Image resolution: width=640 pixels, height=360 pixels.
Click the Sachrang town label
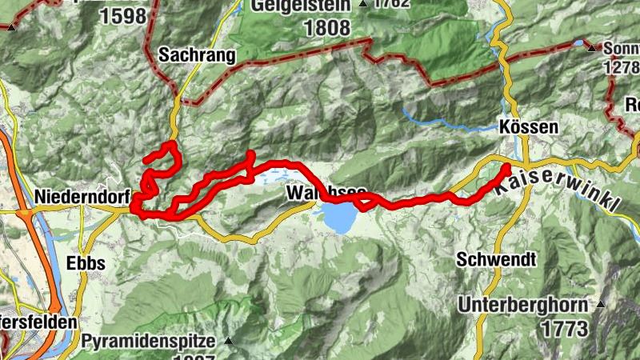[197, 55]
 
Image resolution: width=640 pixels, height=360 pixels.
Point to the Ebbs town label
[86, 263]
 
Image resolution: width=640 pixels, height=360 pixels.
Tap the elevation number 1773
[563, 328]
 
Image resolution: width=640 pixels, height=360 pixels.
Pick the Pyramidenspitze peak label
[148, 342]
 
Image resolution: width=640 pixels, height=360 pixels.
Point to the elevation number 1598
[125, 15]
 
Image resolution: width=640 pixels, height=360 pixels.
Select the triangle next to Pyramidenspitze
[227, 342]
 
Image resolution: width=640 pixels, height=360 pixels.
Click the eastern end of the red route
[506, 166]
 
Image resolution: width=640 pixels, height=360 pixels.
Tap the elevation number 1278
[620, 67]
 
